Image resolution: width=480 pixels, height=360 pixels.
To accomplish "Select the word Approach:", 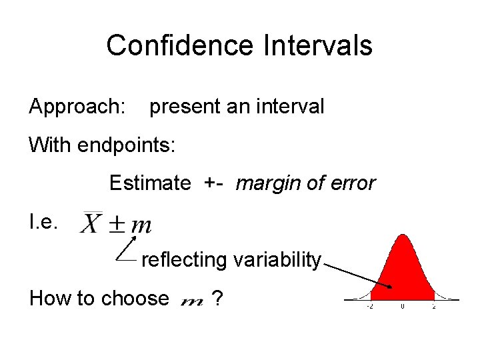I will (77, 107).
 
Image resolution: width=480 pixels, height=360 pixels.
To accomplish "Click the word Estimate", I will (149, 183).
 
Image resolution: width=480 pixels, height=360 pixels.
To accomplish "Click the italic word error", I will (351, 183).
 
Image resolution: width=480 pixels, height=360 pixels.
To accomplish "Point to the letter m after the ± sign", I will (141, 226).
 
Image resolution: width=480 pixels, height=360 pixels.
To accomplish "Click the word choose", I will (137, 298).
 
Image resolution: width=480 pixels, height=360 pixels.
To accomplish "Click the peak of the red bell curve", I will (402, 235).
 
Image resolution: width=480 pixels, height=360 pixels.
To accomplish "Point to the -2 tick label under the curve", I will (369, 307).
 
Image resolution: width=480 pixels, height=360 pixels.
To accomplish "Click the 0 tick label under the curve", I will (402, 307).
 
